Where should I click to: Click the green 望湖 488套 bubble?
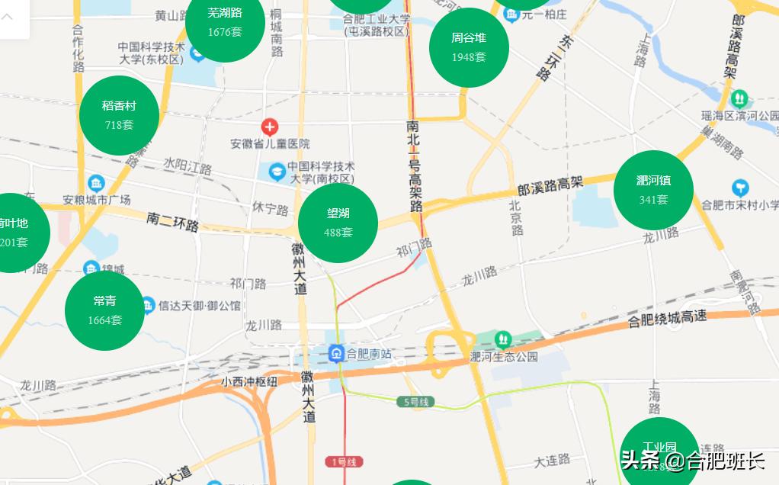pos(338,223)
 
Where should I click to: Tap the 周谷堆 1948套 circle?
pos(469,47)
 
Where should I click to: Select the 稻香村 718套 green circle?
pos(119,115)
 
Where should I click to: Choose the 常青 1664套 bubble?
pos(105,310)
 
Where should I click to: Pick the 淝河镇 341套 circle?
pos(653,190)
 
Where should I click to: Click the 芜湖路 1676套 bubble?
pos(225,21)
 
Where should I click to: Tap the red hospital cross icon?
pos(269,127)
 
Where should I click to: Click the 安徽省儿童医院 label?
pos(271,143)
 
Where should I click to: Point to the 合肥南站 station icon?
pos(336,353)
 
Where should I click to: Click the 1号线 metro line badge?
pos(345,461)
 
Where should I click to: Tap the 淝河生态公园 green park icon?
pos(502,339)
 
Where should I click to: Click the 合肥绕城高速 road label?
pos(667,319)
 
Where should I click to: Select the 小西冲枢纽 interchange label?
pos(249,381)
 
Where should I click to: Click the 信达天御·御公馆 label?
pos(200,305)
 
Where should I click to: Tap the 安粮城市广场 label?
pos(97,200)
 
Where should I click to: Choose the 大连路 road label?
pos(552,460)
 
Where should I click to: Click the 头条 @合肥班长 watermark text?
pos(692,460)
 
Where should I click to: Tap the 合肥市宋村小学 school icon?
pos(739,188)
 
